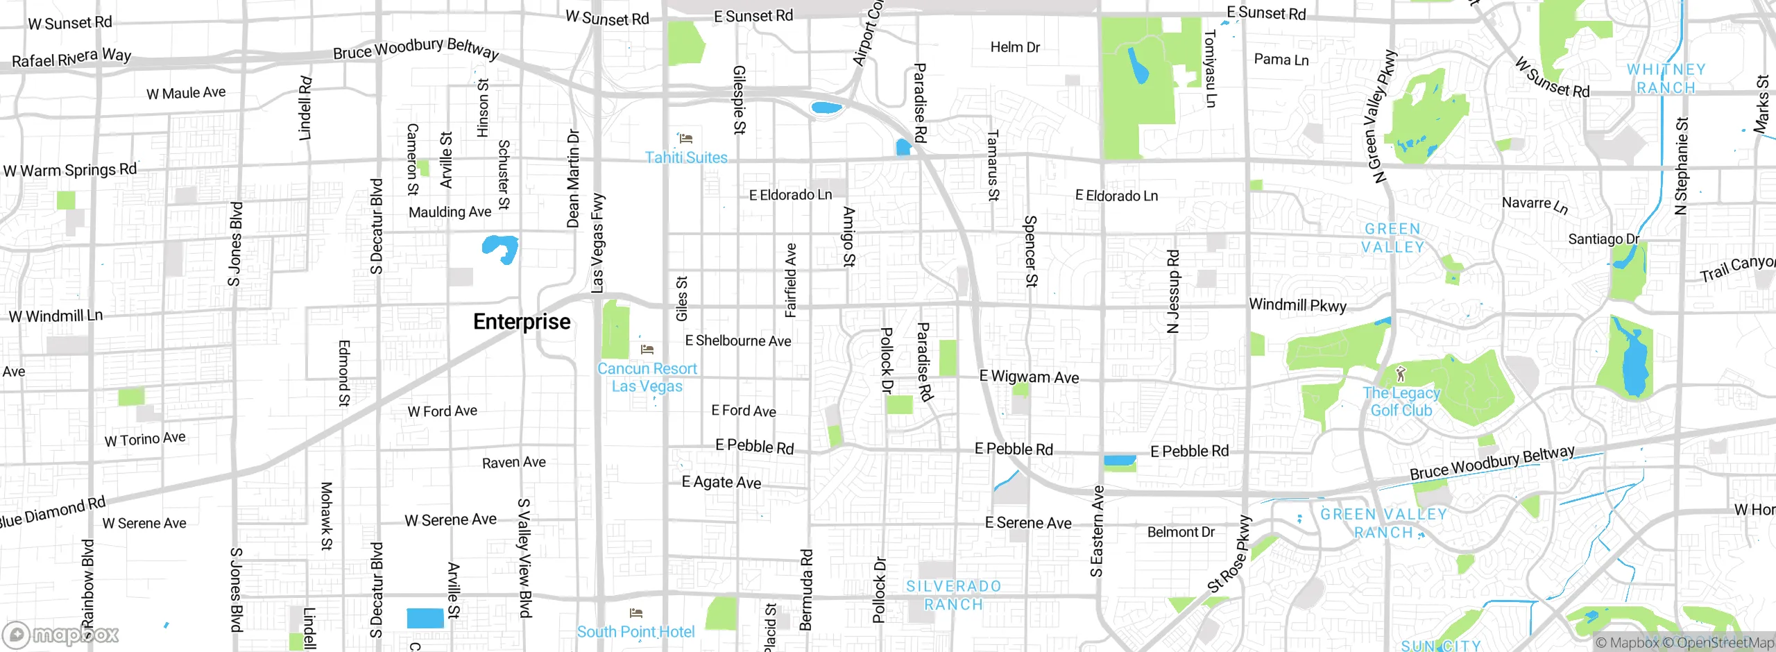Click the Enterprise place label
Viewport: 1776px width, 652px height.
522,322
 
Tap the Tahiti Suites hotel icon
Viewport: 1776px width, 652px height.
685,139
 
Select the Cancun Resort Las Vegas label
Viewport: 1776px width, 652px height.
647,377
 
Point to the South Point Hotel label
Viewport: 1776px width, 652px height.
635,632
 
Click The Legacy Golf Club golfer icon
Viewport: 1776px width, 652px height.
1401,375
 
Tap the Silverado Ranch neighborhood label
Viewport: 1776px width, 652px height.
954,595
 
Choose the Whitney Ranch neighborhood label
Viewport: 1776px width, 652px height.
1666,78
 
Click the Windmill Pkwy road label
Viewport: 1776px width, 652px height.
1297,305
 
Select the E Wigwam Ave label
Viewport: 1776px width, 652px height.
1029,377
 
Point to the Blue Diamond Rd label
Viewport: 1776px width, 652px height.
52,512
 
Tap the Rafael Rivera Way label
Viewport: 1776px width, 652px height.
71,58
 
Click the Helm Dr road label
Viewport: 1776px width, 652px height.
1015,47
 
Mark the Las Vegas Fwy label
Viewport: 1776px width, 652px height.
597,243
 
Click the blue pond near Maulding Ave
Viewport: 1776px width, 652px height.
501,248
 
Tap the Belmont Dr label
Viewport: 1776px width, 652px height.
1181,532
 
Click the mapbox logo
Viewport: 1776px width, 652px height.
61,634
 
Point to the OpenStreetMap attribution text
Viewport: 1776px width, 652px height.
1723,643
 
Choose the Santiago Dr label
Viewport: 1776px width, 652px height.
1603,239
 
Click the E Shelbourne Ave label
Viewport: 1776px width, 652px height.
738,341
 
